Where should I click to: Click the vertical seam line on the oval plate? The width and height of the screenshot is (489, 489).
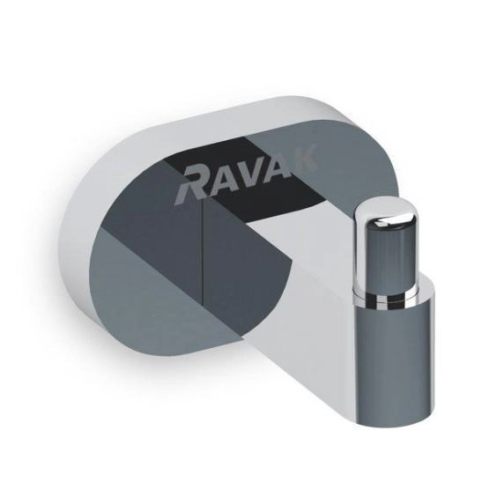(x=204, y=256)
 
